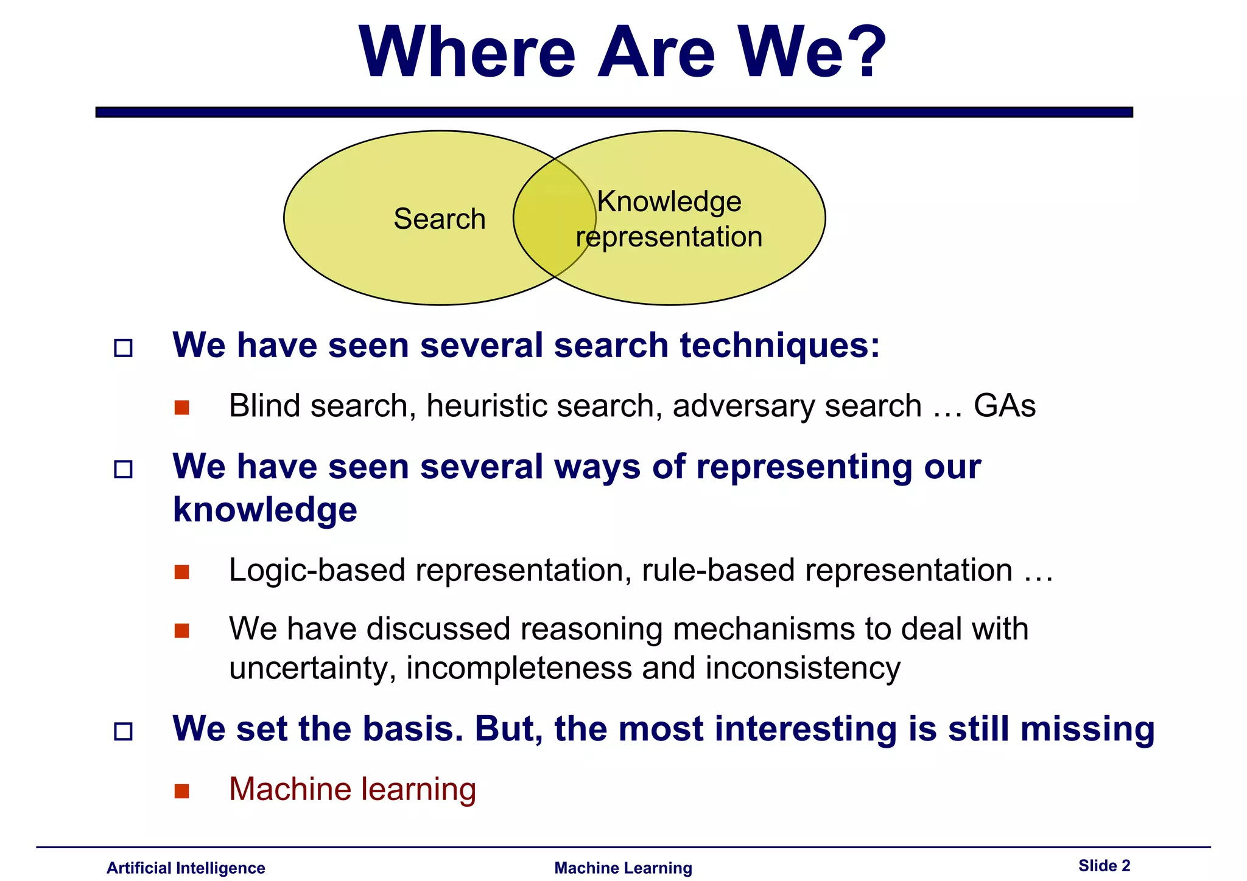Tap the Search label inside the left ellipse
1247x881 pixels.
[x=439, y=219]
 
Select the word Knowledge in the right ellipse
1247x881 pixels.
[x=669, y=201]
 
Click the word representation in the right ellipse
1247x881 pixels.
[x=669, y=237]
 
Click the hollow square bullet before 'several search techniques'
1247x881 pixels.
[x=124, y=348]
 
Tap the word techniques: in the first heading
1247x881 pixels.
[x=779, y=346]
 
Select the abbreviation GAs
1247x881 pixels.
[x=1004, y=406]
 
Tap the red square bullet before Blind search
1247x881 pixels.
[x=181, y=407]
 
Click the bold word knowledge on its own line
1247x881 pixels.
[x=265, y=510]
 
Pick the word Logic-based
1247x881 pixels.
[x=317, y=571]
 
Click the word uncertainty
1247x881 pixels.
[x=312, y=668]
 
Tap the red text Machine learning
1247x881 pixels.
[x=352, y=789]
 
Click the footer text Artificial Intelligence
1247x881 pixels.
[x=186, y=868]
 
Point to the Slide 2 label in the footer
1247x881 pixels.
[x=1104, y=865]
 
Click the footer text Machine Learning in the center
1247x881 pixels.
[x=623, y=868]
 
